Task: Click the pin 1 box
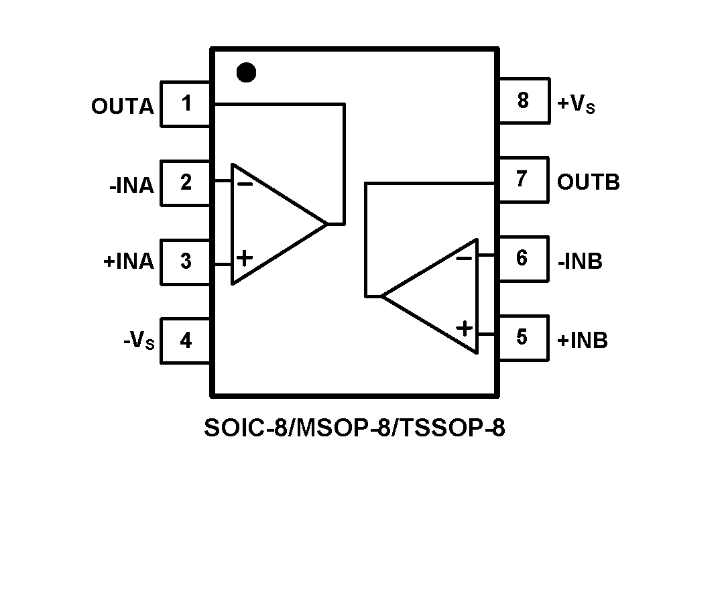(186, 104)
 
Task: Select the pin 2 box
(186, 182)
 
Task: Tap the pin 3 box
(186, 261)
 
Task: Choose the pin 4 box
(186, 340)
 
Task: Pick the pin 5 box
(522, 337)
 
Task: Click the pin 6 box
(522, 259)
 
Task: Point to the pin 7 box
(522, 180)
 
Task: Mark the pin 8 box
(522, 101)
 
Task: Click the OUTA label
(123, 107)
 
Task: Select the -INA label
(131, 185)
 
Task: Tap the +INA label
(129, 261)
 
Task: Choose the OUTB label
(589, 182)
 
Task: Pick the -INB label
(580, 261)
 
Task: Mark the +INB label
(583, 341)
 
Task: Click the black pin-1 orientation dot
(247, 72)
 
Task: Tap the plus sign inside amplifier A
(245, 257)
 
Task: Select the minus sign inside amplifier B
(464, 258)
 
